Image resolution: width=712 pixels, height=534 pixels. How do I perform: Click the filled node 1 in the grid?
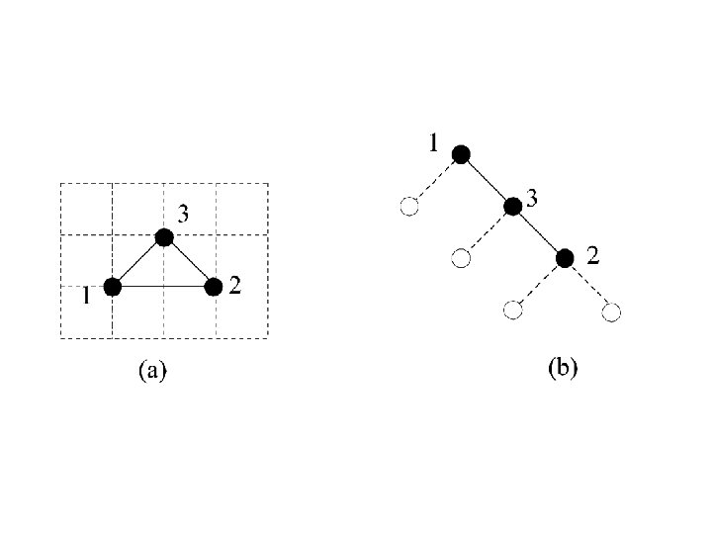[x=112, y=287]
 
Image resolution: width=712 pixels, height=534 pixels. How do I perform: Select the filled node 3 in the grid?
[x=163, y=236]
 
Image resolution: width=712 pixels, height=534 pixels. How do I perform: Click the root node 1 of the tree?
[x=460, y=153]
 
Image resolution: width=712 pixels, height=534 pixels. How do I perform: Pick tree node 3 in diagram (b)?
[x=512, y=206]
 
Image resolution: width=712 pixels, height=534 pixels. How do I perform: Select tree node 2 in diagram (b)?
[x=565, y=258]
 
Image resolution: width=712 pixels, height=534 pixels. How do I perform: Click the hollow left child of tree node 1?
[x=408, y=207]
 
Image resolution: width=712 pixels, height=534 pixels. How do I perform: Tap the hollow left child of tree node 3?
[x=460, y=259]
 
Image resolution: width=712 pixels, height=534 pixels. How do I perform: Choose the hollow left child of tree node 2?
[x=511, y=311]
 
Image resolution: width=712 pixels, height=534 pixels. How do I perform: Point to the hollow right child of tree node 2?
[x=611, y=312]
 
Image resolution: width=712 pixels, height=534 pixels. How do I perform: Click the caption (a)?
[x=151, y=371]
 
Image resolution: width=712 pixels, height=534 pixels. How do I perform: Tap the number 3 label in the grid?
[x=184, y=212]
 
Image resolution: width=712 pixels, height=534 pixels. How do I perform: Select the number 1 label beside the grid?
[x=87, y=295]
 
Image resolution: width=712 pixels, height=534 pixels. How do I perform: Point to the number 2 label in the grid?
[x=235, y=286]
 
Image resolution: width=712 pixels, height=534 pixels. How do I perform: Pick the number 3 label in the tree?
[x=532, y=198]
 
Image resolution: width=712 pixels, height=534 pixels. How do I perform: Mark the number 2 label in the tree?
[x=593, y=257]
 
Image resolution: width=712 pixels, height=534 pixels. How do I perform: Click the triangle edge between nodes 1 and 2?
[x=163, y=287]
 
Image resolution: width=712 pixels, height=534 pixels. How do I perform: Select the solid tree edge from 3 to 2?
[x=539, y=232]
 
